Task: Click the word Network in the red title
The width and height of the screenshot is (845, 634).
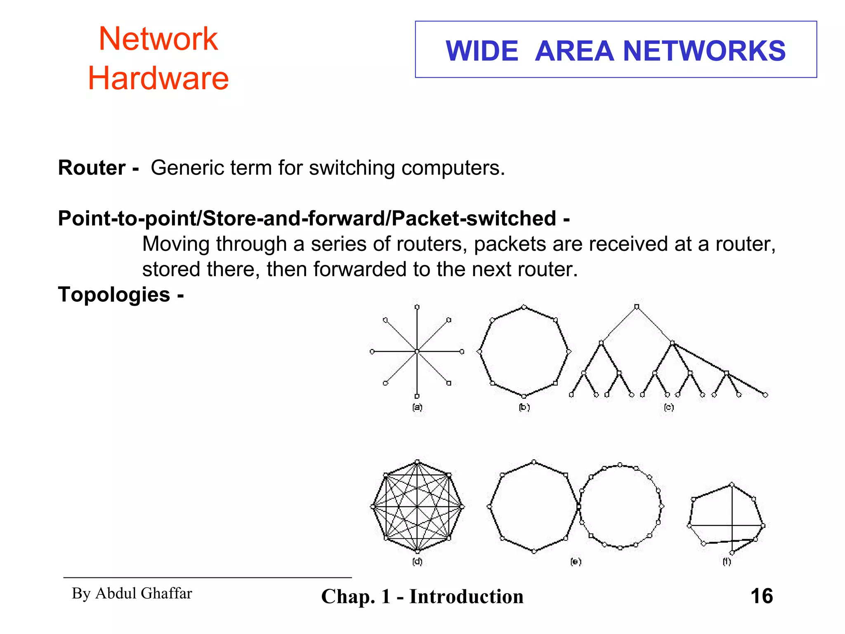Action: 158,39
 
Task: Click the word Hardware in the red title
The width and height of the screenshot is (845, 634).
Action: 158,78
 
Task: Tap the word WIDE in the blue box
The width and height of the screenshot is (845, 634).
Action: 482,51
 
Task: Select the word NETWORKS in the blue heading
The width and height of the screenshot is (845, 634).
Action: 704,51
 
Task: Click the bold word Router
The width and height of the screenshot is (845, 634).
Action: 92,168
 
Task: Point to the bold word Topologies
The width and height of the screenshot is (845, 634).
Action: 114,295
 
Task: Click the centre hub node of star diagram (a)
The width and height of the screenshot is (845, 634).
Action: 417,352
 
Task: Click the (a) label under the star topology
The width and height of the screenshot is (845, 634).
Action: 417,407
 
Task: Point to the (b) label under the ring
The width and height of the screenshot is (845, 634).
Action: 524,407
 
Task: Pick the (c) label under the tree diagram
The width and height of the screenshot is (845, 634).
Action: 669,407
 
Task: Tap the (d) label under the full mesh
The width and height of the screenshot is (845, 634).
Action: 417,562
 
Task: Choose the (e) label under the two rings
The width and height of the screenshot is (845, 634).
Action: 576,562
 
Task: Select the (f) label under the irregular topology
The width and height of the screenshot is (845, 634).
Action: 727,562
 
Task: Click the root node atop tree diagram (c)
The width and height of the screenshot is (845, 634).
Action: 637,307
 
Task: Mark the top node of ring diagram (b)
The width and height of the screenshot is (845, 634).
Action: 524,307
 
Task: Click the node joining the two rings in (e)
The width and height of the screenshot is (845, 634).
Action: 578,506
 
